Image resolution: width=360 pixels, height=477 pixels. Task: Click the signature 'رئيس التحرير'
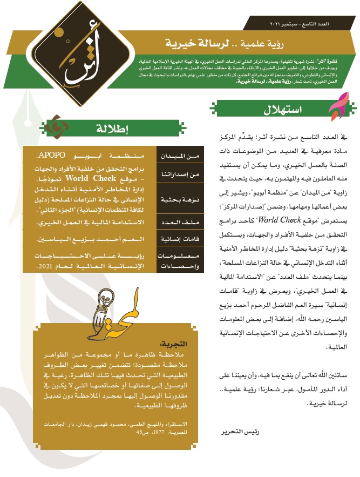225,433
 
